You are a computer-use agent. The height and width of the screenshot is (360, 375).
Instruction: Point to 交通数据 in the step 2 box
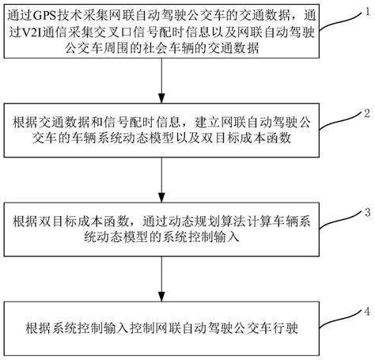[71, 123]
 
